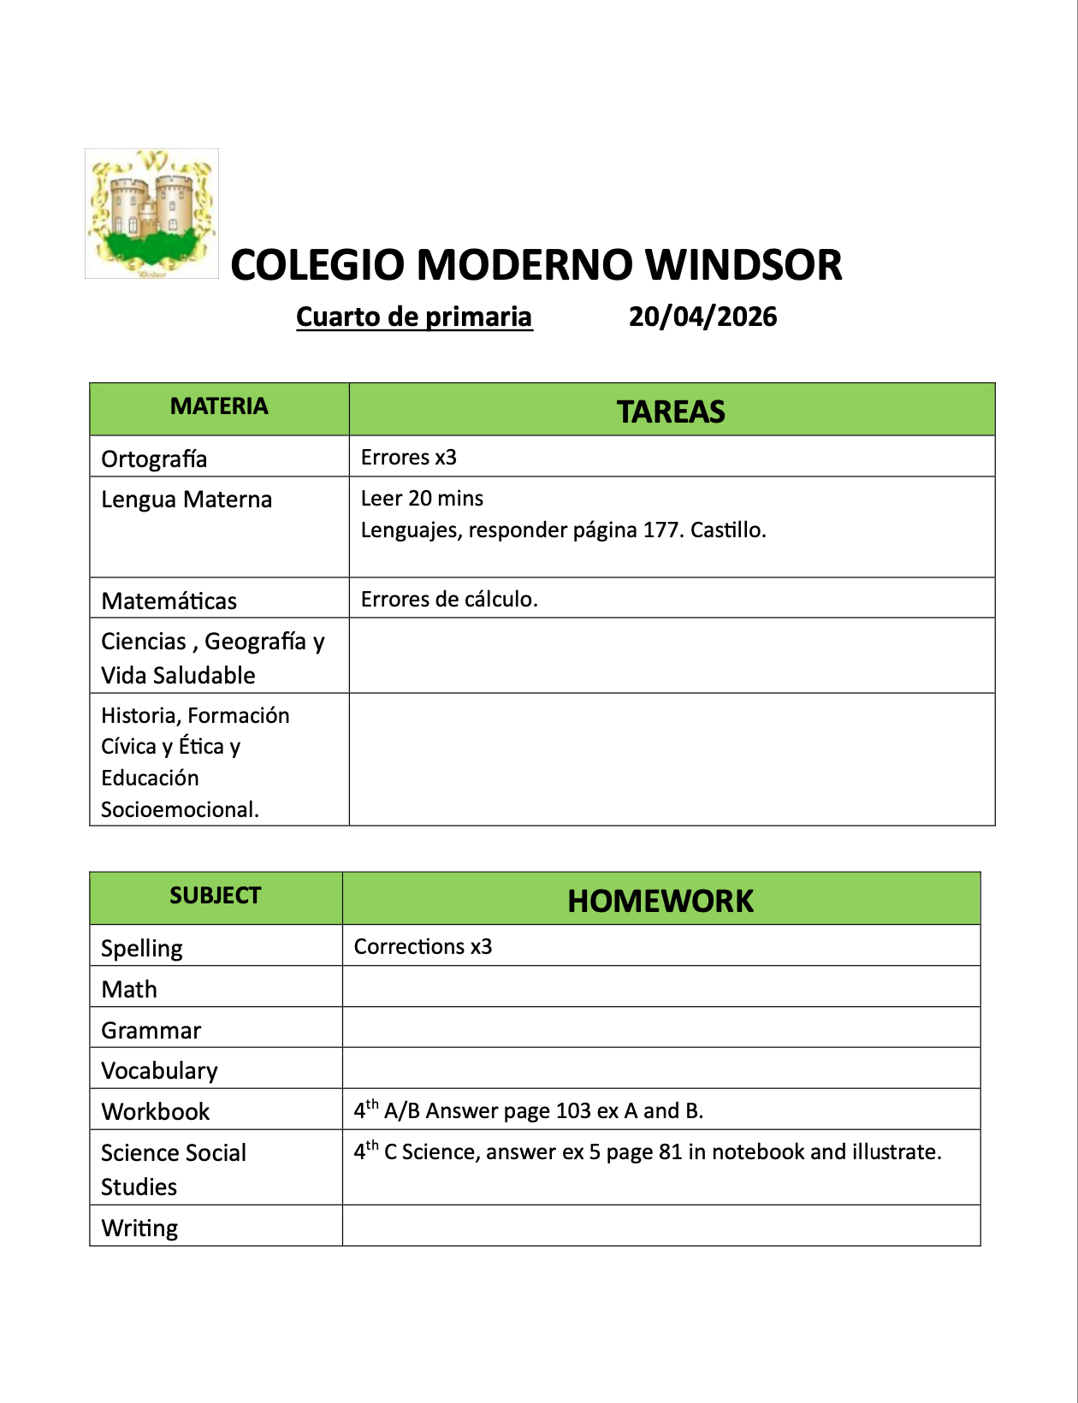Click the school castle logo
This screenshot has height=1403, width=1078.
pos(152,214)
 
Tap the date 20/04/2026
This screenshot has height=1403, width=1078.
pos(702,317)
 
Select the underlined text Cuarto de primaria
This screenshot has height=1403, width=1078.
pos(414,317)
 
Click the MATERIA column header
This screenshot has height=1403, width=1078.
pos(219,406)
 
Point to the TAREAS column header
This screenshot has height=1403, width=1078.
pos(671,411)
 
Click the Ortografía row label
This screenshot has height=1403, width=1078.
pos(154,459)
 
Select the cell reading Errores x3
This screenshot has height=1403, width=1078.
pos(409,458)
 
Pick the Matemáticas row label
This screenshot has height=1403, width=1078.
pos(169,601)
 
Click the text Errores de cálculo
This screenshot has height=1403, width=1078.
pos(449,600)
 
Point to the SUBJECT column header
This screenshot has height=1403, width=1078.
pos(215,896)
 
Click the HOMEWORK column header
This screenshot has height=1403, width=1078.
pos(660,901)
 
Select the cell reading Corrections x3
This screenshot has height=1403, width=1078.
pos(423,947)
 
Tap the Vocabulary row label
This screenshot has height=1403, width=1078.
pos(159,1071)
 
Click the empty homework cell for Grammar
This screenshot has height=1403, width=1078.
pos(660,1027)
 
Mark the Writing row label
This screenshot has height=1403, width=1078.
pos(139,1228)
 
